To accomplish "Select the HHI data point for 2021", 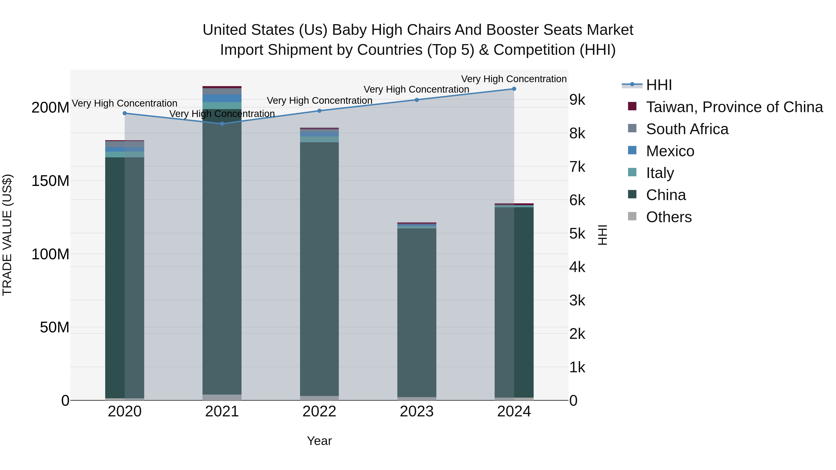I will coord(222,123).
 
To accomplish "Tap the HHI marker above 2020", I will coord(125,113).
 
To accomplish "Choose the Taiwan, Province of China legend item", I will coord(734,107).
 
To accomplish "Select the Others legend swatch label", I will coord(669,217).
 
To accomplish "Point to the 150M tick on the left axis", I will coord(50,181).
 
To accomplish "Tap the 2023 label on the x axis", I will coord(416,412).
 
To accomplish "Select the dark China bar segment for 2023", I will coord(417,311).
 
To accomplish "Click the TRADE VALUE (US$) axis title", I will coord(7,235).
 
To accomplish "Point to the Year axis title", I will coord(319,441).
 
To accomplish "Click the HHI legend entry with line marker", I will coord(659,85).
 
